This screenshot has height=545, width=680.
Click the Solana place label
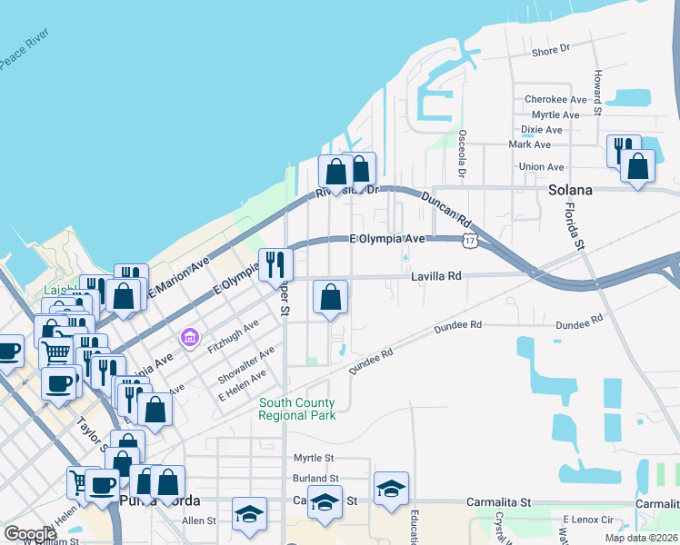[570, 191]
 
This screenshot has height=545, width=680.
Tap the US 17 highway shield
[469, 241]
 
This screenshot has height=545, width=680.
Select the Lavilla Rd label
[436, 275]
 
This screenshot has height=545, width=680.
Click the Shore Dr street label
[550, 51]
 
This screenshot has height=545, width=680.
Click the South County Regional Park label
[296, 409]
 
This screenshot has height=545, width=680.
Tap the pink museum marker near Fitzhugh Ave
[189, 339]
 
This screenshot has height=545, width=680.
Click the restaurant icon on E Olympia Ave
[275, 264]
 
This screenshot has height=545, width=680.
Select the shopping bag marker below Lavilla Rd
[330, 296]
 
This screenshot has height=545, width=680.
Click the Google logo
[30, 534]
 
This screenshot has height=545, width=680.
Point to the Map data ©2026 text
[642, 538]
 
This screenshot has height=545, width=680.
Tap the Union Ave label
[541, 167]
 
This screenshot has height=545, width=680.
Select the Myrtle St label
[314, 459]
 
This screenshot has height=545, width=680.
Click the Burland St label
[315, 479]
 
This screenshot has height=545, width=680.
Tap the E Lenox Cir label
[590, 519]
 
